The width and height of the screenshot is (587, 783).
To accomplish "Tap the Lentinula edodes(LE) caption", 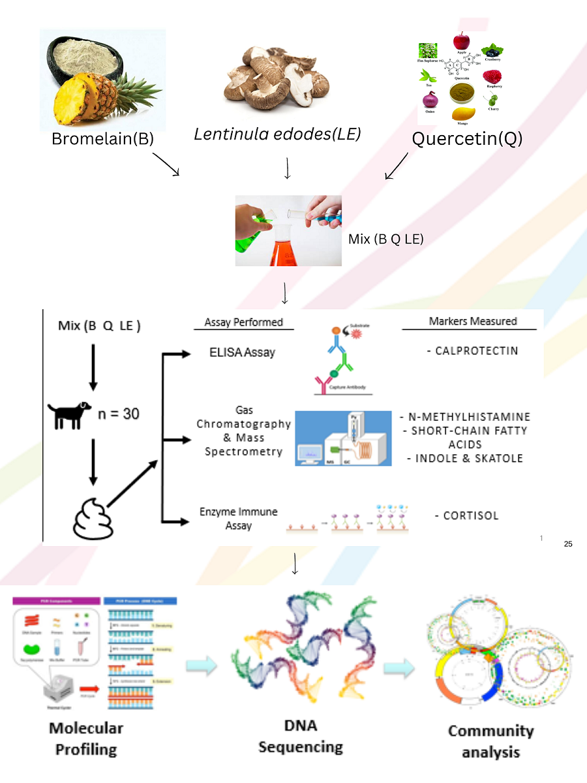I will click(277, 134).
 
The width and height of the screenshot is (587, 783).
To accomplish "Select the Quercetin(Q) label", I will click(467, 139).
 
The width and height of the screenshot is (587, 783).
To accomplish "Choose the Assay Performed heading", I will click(244, 322).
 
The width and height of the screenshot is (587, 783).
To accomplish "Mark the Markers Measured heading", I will click(473, 321).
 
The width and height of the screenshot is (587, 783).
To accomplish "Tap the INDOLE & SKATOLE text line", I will click(465, 459).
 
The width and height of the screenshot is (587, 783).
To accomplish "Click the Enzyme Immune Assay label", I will click(239, 519).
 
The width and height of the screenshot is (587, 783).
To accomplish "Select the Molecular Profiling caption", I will click(86, 739).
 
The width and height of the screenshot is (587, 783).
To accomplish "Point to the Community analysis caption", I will click(490, 741).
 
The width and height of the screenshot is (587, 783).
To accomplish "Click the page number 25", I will click(567, 544).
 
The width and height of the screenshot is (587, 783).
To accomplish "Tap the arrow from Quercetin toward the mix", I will click(397, 166).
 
